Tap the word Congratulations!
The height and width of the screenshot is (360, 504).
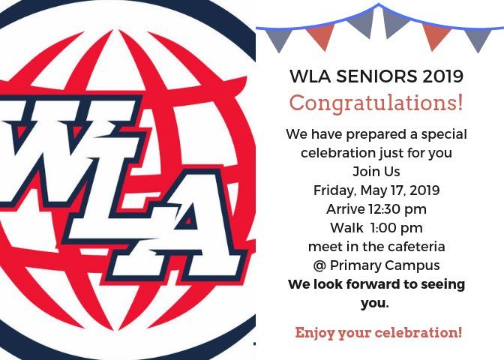376,103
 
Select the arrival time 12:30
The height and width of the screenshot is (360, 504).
385,209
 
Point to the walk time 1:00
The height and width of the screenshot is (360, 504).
383,228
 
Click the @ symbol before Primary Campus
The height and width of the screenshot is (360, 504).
319,265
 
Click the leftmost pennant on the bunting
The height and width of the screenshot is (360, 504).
279,39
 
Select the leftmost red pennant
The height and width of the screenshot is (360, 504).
320,36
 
